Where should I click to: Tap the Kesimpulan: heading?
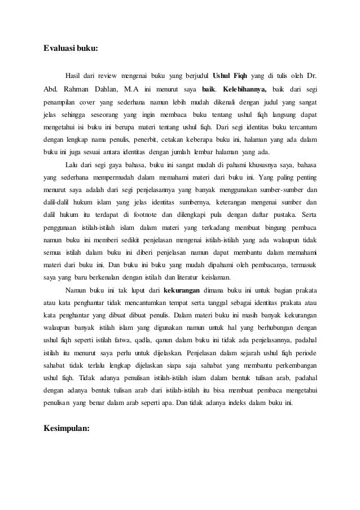coord(67,428)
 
